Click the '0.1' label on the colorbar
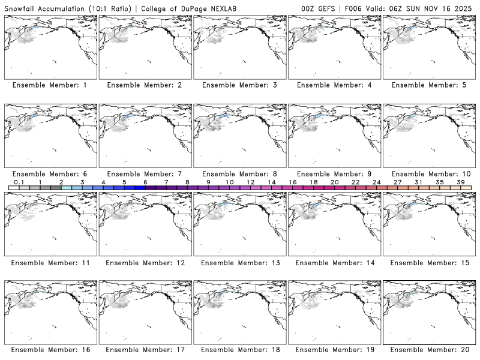click(19, 182)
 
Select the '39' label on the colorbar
click(460, 182)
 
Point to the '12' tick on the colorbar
click(250, 182)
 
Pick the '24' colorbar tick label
click(376, 182)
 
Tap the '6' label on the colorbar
click(145, 182)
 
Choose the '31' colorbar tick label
click(418, 182)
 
